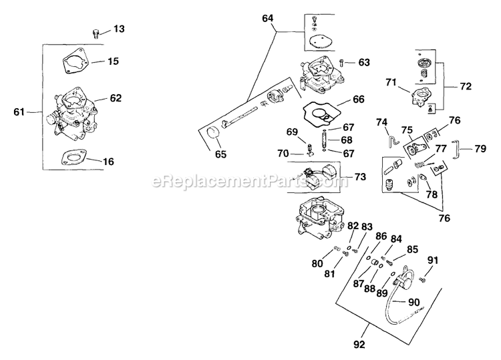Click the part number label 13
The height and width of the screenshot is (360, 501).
tap(118, 29)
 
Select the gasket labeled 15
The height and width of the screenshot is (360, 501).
tap(75, 62)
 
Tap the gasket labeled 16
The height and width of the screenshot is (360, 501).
tap(75, 158)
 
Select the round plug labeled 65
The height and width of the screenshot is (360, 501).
tap(212, 133)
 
